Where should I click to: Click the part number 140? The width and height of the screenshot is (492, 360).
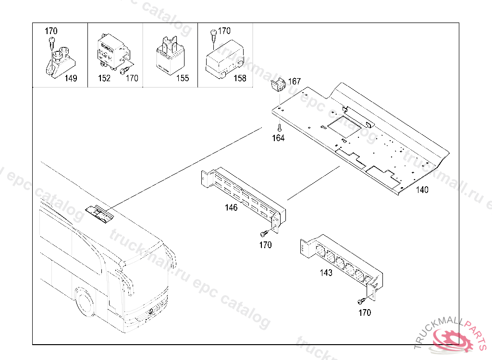[422, 190]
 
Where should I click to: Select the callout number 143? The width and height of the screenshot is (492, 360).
[326, 273]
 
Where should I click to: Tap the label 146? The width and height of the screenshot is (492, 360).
[231, 208]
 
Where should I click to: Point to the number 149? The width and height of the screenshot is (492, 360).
[71, 79]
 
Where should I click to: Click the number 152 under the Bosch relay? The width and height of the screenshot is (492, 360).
[104, 79]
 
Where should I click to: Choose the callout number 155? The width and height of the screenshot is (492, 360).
[182, 79]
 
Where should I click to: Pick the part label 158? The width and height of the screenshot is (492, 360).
[240, 79]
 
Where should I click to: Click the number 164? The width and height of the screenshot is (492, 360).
[278, 138]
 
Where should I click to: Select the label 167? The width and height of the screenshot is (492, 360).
[294, 82]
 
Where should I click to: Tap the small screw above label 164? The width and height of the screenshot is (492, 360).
[279, 128]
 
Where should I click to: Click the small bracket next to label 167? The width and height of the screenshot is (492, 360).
[278, 85]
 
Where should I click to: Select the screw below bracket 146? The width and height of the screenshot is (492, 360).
[263, 234]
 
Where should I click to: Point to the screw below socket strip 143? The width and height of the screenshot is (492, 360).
[360, 301]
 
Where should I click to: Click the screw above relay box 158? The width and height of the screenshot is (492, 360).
[212, 34]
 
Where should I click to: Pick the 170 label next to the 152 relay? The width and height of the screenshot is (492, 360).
[132, 79]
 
